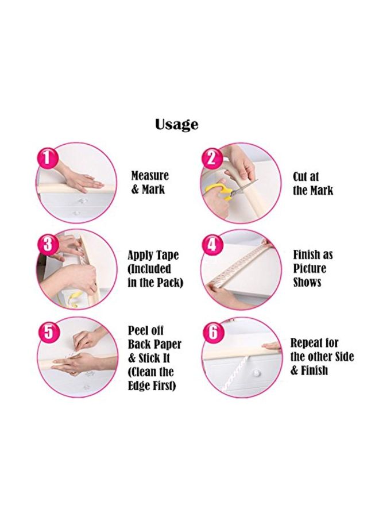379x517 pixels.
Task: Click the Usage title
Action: (x=176, y=124)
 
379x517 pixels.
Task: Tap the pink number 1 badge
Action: (x=48, y=157)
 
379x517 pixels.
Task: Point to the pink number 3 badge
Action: (x=48, y=244)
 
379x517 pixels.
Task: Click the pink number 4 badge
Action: (x=212, y=245)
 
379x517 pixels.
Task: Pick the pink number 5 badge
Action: (x=48, y=331)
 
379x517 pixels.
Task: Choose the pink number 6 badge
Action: (x=212, y=332)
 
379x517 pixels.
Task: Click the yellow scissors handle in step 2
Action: (x=216, y=191)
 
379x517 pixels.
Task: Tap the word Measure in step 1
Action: (x=150, y=176)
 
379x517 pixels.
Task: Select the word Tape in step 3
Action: (x=167, y=255)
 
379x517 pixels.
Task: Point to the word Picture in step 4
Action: (x=310, y=268)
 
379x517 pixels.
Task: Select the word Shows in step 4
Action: (x=307, y=282)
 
